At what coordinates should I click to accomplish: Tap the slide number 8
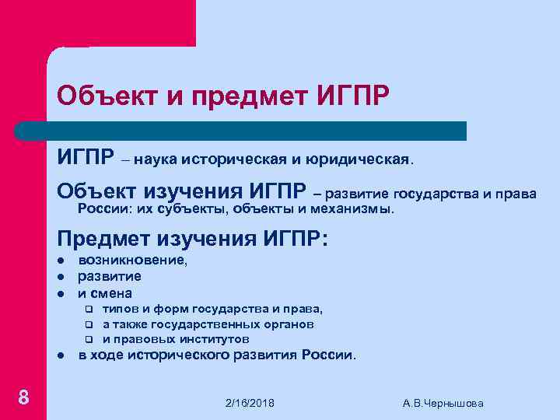tap(24, 398)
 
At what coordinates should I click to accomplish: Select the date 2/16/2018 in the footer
tap(250, 403)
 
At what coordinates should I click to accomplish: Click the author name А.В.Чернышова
tap(443, 403)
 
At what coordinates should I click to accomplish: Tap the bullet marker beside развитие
tap(60, 277)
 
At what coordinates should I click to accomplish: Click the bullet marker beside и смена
tap(60, 294)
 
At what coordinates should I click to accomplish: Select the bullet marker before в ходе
tap(60, 356)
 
